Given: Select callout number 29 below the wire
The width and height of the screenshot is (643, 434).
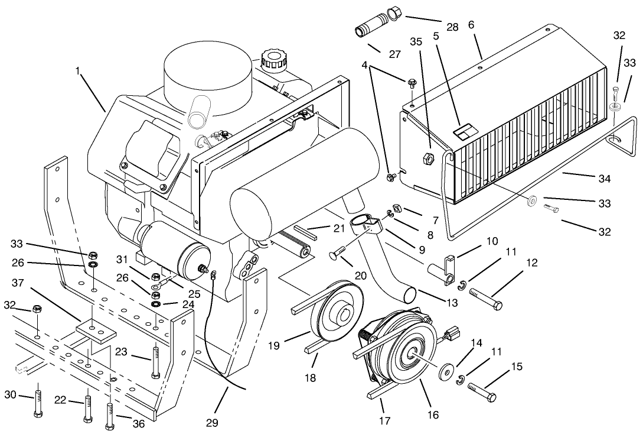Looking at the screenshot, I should [212, 423].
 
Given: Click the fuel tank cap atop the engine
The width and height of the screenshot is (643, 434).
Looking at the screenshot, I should [273, 59].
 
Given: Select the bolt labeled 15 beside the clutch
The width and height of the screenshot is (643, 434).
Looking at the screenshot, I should [481, 391].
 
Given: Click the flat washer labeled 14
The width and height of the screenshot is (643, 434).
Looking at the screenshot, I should [446, 374].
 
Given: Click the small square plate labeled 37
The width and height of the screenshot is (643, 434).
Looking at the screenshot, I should [95, 331].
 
